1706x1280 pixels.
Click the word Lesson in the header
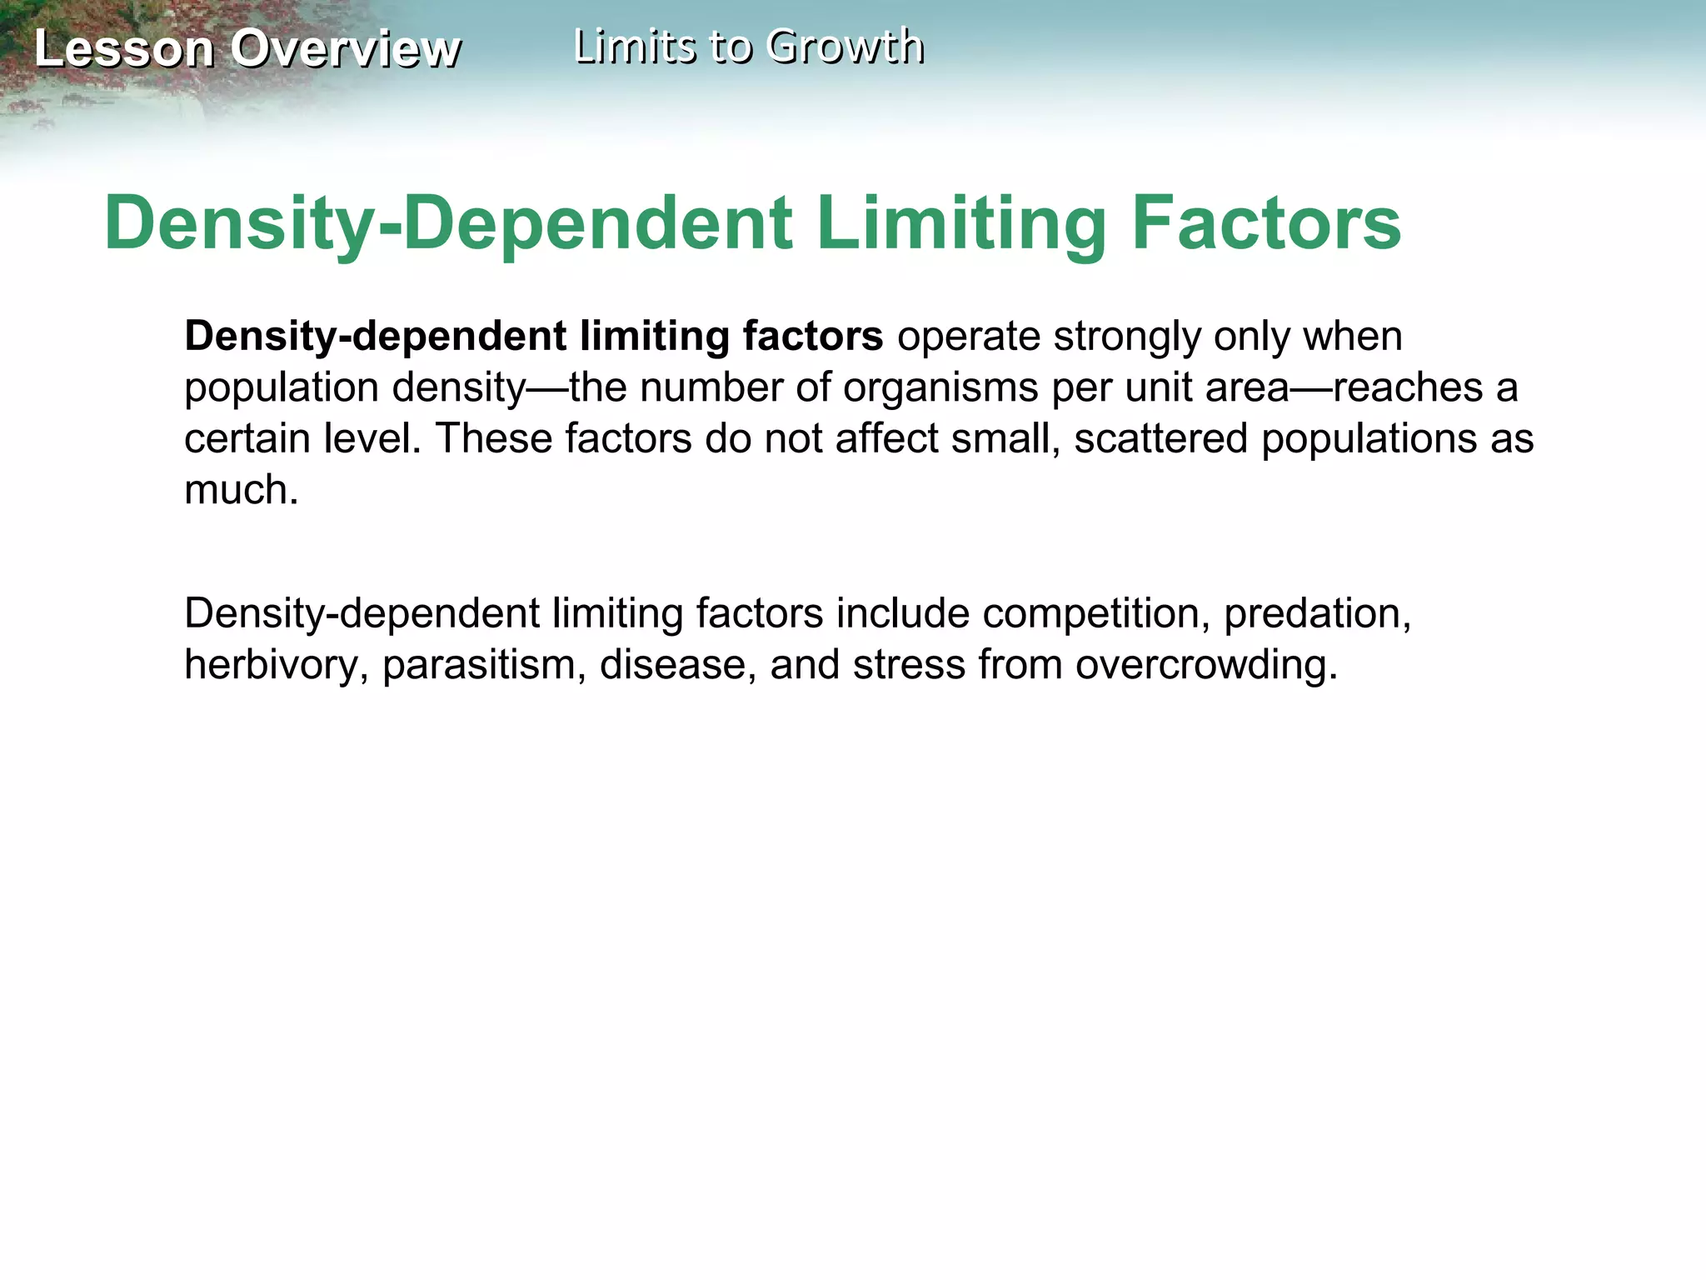[124, 48]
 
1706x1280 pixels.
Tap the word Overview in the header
[345, 48]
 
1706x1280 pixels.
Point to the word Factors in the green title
[1266, 223]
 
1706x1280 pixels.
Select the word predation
[1316, 614]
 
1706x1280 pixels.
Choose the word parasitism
[484, 666]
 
